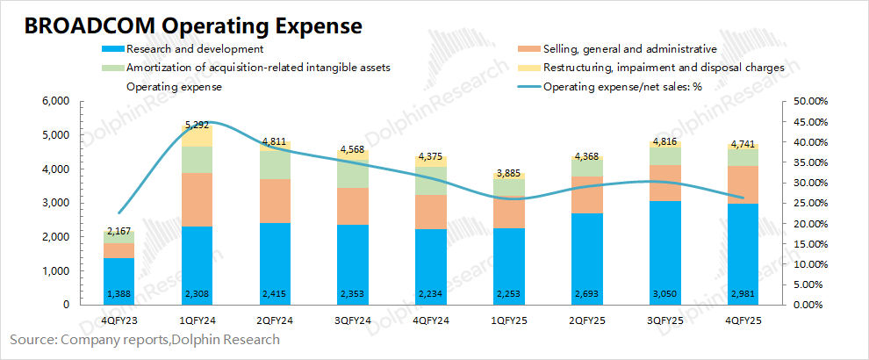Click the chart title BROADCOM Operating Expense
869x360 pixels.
[193, 25]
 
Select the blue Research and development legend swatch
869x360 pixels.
[113, 49]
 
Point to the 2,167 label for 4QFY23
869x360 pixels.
[119, 231]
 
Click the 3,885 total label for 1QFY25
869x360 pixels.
[509, 172]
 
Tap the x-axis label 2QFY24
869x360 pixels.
[275, 321]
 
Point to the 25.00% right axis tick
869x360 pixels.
[804, 203]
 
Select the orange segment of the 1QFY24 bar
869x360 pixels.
[197, 199]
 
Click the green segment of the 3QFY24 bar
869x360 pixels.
[353, 174]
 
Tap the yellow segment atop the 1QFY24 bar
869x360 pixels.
[197, 135]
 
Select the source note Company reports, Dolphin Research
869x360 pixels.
[145, 340]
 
